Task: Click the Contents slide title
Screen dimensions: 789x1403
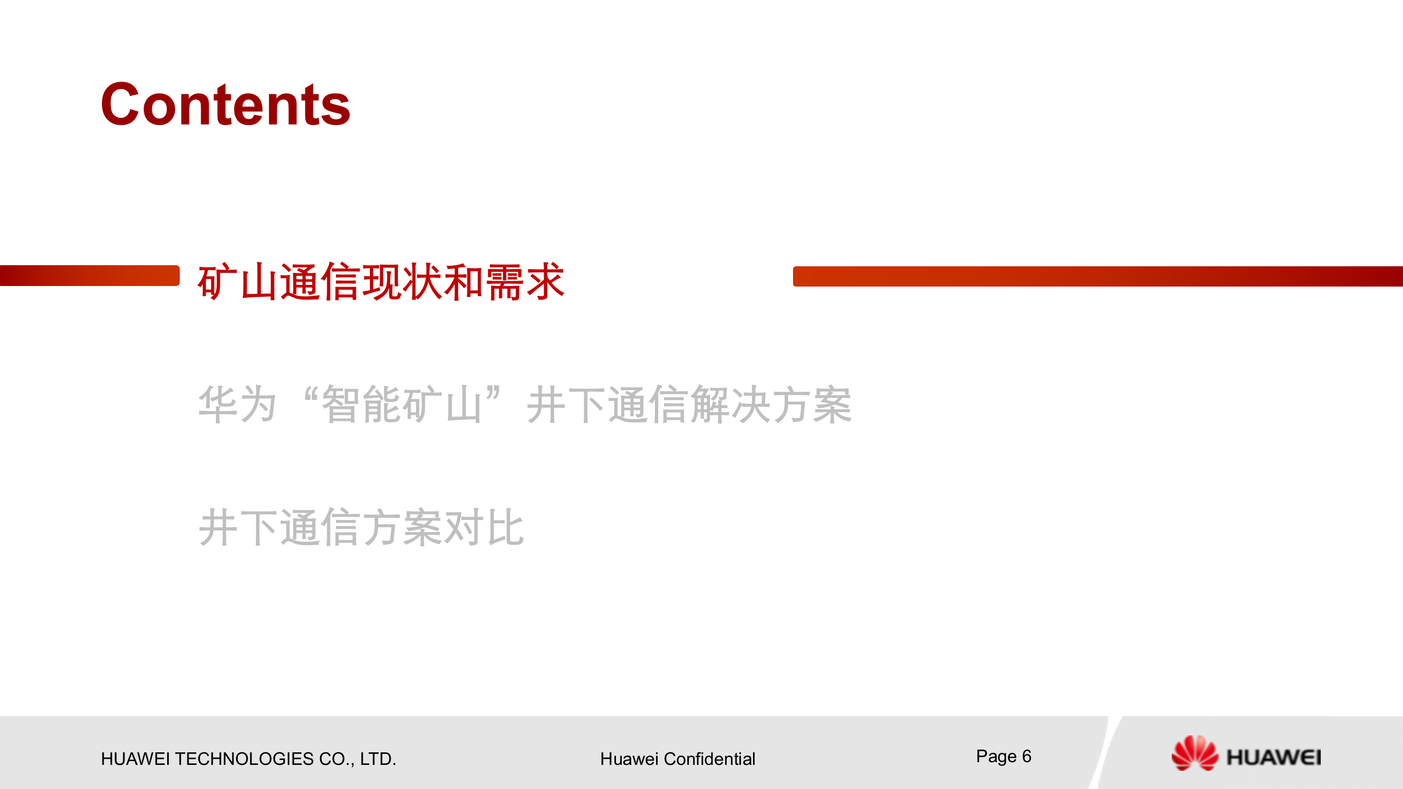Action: coord(225,105)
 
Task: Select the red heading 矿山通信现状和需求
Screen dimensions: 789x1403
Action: coord(380,282)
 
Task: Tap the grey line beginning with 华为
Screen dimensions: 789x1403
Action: coord(524,404)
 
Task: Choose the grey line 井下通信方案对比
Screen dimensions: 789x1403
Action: coord(361,527)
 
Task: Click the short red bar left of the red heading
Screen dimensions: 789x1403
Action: coord(90,276)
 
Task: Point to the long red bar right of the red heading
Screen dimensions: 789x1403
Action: coord(1097,276)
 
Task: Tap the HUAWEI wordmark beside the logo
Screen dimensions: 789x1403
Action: coord(1274,758)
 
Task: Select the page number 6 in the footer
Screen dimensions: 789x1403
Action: coord(1026,757)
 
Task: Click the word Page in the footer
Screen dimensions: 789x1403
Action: coord(996,757)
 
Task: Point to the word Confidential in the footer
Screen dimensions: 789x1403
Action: coord(709,759)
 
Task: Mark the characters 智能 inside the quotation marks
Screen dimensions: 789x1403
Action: coord(362,404)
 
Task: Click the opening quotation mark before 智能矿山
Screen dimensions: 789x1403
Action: coord(310,396)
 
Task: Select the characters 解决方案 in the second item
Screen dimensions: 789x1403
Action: coord(771,404)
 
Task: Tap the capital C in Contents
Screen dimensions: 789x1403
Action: coord(119,105)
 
